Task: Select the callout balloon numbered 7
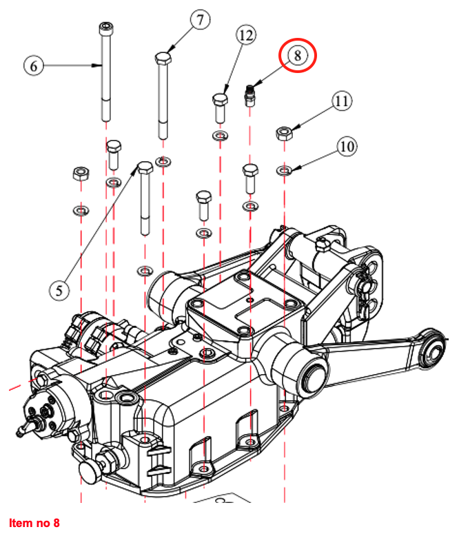click(199, 19)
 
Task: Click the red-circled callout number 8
click(297, 56)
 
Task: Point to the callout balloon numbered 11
click(341, 101)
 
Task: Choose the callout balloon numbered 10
click(347, 146)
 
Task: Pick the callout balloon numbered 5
click(60, 290)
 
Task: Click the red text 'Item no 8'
click(34, 524)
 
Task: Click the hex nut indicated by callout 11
click(283, 132)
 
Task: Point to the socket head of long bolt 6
click(105, 28)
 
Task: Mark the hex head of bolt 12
click(218, 101)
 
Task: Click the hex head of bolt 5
click(145, 167)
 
